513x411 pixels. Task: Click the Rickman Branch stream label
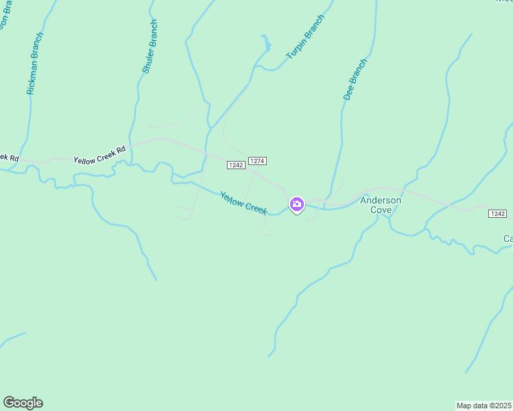pos(35,64)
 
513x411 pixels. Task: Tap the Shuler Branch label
pos(150,47)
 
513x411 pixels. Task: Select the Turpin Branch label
pos(305,36)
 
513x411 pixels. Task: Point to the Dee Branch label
pos(355,80)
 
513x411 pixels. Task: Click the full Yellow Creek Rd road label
pos(100,154)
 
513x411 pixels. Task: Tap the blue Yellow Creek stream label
pos(243,203)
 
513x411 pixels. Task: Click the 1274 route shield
pos(257,161)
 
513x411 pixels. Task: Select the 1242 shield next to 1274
pos(235,165)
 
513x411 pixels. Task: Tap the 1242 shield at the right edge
pos(498,214)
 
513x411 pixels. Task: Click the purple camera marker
pos(296,204)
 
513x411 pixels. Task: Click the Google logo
pos(23,403)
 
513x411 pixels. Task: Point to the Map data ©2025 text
pos(484,406)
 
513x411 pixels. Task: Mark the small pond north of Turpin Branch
pos(266,46)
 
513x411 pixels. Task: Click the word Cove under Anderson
pos(381,210)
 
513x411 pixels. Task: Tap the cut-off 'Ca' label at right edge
pos(508,239)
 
